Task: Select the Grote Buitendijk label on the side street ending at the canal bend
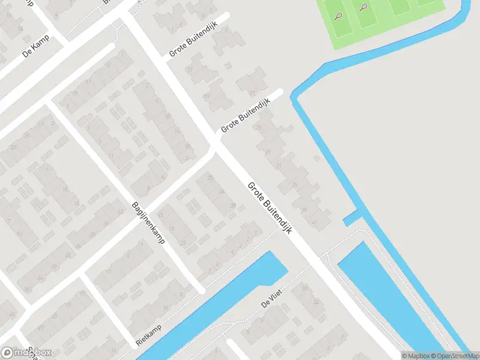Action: coord(245,115)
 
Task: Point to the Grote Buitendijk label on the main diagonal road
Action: coord(269,208)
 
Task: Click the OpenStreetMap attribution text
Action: coord(455,356)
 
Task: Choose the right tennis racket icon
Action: coord(364,8)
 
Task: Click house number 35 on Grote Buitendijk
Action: coord(295,184)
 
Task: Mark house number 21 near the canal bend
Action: coord(258,127)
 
